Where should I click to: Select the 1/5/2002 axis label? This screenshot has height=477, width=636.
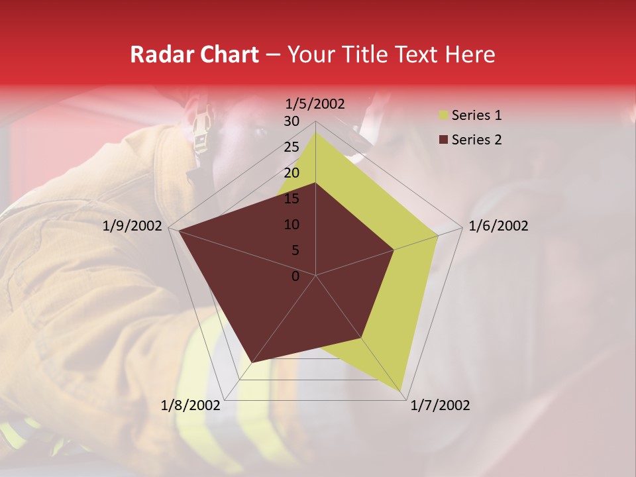[x=315, y=103]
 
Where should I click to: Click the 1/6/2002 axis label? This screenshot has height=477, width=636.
[x=498, y=226]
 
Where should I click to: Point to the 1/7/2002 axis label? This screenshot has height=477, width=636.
[x=440, y=405]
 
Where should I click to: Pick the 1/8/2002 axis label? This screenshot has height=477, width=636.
[x=191, y=405]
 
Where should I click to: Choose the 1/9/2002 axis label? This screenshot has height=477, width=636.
[x=132, y=226]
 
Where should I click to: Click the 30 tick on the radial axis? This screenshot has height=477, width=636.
[x=291, y=121]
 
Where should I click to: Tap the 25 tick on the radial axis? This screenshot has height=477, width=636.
[x=291, y=147]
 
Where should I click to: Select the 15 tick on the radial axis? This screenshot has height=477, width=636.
[x=291, y=199]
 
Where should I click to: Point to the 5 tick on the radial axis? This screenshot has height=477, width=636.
[x=295, y=250]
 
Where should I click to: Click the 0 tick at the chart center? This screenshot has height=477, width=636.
[x=295, y=276]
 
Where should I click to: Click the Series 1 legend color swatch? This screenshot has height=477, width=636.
[x=443, y=116]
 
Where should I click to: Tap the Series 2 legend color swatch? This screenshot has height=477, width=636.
[x=443, y=140]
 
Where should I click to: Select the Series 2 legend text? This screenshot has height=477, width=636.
[x=476, y=140]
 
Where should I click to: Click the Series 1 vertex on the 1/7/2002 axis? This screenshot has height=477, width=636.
[x=401, y=391]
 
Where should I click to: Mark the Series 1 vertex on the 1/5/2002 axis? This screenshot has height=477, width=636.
[x=315, y=132]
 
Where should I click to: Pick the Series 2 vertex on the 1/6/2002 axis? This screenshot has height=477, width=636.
[x=394, y=250]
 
